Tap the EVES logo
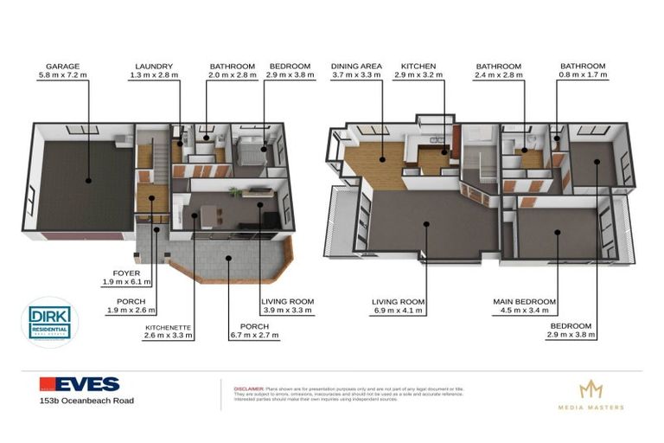(79, 384)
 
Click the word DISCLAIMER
(249, 389)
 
